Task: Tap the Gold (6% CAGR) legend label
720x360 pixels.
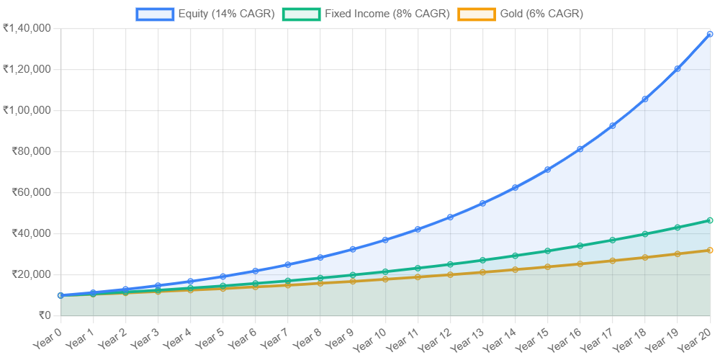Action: pyautogui.click(x=541, y=14)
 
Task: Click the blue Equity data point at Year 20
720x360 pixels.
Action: pyautogui.click(x=710, y=34)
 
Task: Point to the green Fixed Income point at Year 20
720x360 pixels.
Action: pyautogui.click(x=710, y=220)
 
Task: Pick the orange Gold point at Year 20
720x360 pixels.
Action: pyautogui.click(x=710, y=251)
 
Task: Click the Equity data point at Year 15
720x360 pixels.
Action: pyautogui.click(x=547, y=169)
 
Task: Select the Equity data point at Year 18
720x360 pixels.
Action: pyautogui.click(x=645, y=99)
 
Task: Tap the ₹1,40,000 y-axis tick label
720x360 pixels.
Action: pyautogui.click(x=27, y=28)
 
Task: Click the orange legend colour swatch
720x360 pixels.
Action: pyautogui.click(x=477, y=14)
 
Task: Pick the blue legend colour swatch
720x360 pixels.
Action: pyautogui.click(x=155, y=14)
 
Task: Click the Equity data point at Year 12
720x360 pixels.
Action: pyautogui.click(x=450, y=216)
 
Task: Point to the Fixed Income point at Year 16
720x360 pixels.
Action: pyautogui.click(x=580, y=246)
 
